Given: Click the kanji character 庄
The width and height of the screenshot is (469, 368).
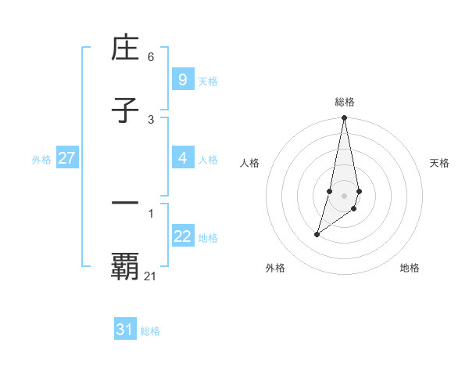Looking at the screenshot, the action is (x=125, y=49).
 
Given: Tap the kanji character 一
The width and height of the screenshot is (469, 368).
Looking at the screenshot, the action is (x=125, y=204).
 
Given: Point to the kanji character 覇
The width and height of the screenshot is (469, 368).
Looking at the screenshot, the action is (x=125, y=266).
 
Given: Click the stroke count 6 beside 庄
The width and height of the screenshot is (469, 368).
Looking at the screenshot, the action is (x=151, y=57).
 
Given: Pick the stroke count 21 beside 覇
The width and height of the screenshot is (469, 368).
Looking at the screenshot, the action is (x=151, y=276).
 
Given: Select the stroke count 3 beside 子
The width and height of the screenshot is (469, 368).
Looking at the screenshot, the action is (x=151, y=119).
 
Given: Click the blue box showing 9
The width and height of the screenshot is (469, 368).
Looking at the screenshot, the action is (x=182, y=79).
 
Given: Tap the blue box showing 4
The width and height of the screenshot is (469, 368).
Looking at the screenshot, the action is (x=182, y=158).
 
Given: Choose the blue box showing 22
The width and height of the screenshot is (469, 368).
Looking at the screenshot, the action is (x=182, y=236).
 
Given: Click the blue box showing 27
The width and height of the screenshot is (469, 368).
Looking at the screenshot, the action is (x=66, y=158).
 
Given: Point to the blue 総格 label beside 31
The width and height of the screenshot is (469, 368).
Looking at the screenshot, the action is (x=150, y=331).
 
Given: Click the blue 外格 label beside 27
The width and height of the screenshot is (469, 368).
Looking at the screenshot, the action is (x=41, y=160).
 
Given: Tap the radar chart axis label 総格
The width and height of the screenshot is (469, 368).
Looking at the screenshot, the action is (x=345, y=102).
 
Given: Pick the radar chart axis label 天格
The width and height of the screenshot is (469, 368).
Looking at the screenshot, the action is (x=440, y=163).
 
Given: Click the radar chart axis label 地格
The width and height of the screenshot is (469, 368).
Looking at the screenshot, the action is (x=410, y=268).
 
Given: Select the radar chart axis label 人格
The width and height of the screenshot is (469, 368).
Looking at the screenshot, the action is (x=250, y=163).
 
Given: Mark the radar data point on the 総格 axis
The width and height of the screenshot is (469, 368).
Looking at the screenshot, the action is (x=345, y=118).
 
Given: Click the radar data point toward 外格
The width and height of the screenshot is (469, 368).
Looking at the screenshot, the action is (x=317, y=234).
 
